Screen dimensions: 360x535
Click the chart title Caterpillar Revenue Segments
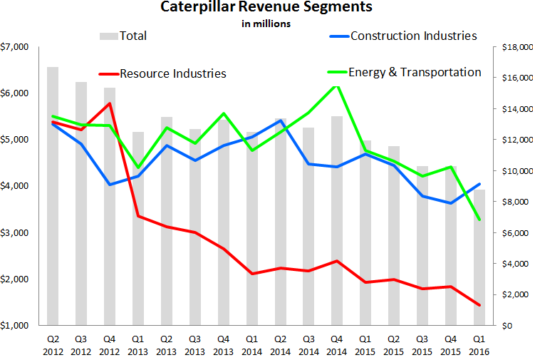point(267,9)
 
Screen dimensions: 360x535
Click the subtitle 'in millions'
point(267,24)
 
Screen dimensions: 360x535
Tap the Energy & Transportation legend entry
point(414,72)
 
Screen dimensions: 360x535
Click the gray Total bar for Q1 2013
point(137,228)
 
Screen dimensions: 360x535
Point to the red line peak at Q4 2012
point(109,103)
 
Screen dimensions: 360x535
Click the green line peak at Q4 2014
point(336,85)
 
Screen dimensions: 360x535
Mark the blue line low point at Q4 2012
point(109,185)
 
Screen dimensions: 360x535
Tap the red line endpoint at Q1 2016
point(479,305)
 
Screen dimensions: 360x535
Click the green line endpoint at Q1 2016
point(479,219)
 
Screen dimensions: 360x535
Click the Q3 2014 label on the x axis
point(308,345)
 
